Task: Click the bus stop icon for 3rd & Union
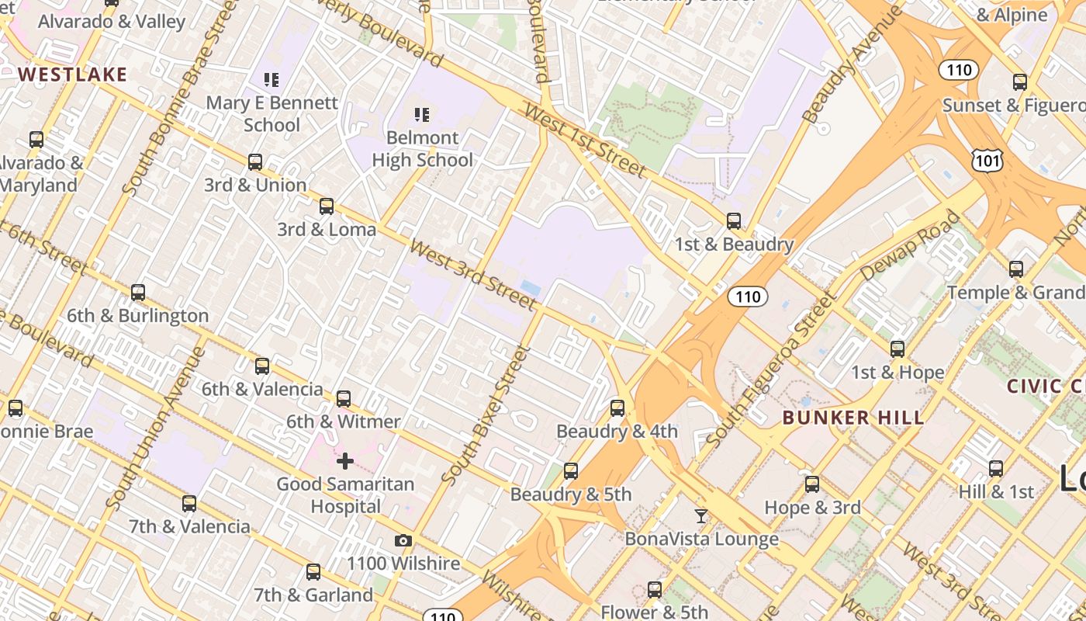pyautogui.click(x=255, y=162)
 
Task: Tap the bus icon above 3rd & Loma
pyautogui.click(x=327, y=206)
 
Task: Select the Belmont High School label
pyautogui.click(x=422, y=149)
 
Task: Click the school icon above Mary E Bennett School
pyautogui.click(x=271, y=79)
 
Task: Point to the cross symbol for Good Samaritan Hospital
pyautogui.click(x=345, y=462)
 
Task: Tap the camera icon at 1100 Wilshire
pyautogui.click(x=403, y=540)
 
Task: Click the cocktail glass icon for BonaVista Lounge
pyautogui.click(x=701, y=515)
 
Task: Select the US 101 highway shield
pyautogui.click(x=987, y=161)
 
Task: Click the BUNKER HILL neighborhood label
pyautogui.click(x=853, y=418)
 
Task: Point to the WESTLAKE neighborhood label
pyautogui.click(x=72, y=75)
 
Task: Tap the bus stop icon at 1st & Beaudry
pyautogui.click(x=734, y=221)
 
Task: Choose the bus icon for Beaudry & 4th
pyautogui.click(x=617, y=408)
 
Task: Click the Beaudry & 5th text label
pyautogui.click(x=571, y=494)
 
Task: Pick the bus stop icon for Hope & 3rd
pyautogui.click(x=812, y=484)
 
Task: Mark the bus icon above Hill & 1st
pyautogui.click(x=996, y=469)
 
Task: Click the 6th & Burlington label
pyautogui.click(x=137, y=316)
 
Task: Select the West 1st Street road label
pyautogui.click(x=585, y=140)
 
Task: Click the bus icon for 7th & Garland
pyautogui.click(x=313, y=572)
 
